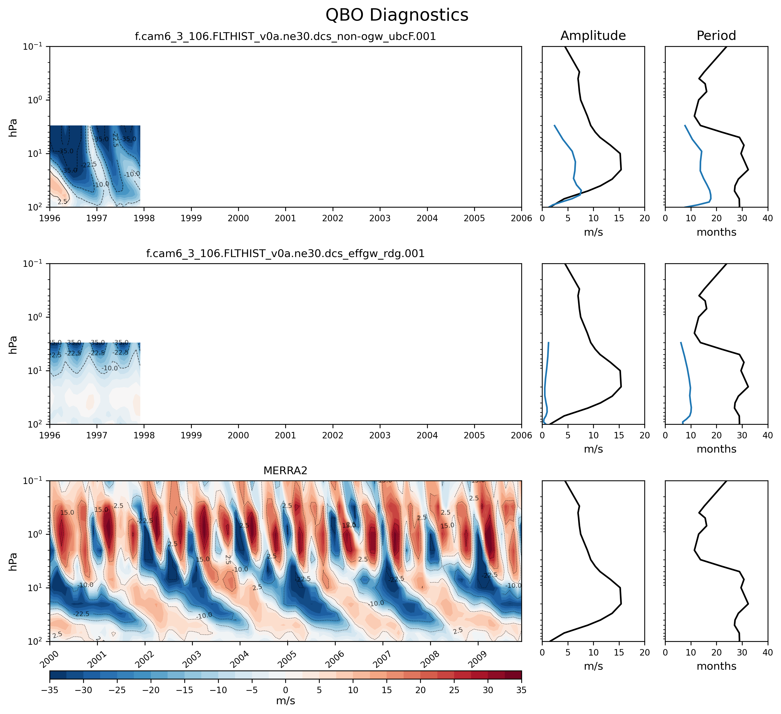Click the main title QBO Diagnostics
pos(397,15)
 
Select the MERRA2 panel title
pos(285,471)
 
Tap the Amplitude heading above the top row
pos(593,36)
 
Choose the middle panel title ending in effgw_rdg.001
pos(285,254)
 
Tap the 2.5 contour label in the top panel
pos(62,202)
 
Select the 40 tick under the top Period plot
pos(767,218)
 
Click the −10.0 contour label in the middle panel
pos(110,368)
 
